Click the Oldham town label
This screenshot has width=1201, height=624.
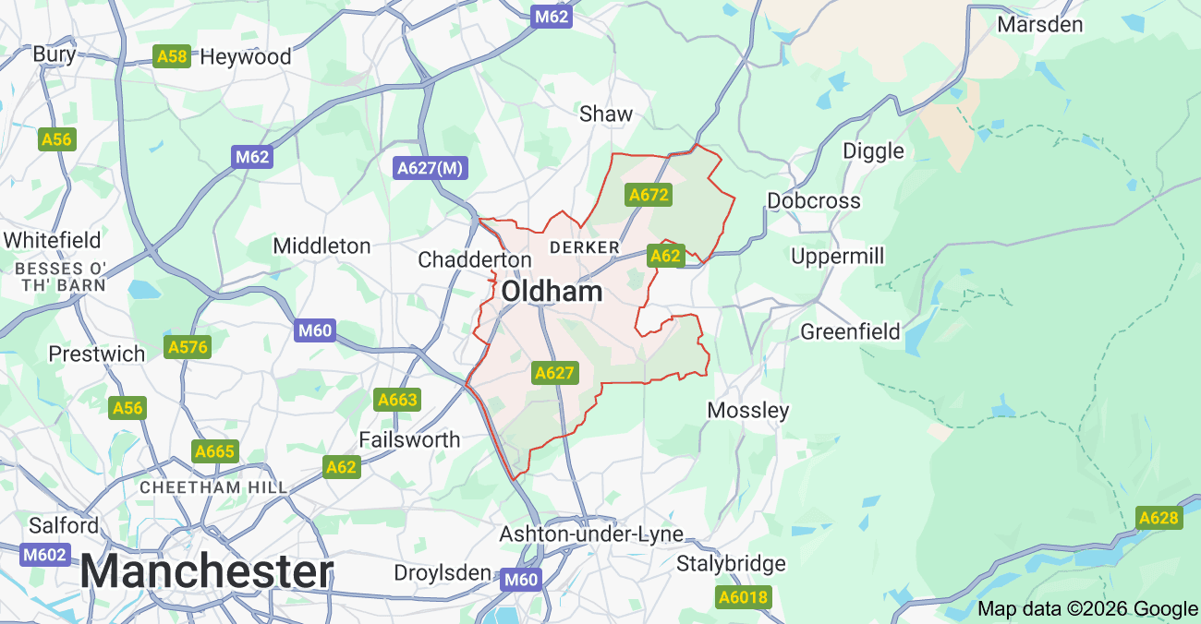(x=552, y=293)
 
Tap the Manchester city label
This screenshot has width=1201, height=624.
(x=206, y=571)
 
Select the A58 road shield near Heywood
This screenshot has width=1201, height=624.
(x=172, y=57)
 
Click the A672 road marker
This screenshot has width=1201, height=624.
(x=648, y=195)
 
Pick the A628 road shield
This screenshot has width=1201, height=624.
(x=1159, y=518)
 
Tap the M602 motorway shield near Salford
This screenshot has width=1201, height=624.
(x=44, y=555)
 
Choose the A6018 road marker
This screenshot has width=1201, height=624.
(x=743, y=597)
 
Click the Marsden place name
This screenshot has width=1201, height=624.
(x=1039, y=25)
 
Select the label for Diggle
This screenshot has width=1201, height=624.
(x=873, y=150)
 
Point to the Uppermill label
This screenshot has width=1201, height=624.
(x=837, y=256)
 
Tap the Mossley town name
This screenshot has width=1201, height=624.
(x=747, y=410)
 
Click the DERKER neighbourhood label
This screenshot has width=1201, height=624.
(x=584, y=247)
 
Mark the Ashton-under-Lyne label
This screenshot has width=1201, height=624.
(x=591, y=534)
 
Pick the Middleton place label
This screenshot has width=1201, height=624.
(x=321, y=246)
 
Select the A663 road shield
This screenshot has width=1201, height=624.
(x=397, y=400)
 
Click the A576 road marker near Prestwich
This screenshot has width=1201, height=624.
(x=188, y=347)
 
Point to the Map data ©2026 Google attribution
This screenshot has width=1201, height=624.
(x=1087, y=608)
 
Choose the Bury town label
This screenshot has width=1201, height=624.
(x=54, y=54)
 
